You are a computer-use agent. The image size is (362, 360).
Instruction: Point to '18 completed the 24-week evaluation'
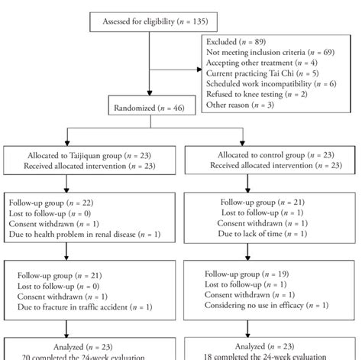271,355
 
